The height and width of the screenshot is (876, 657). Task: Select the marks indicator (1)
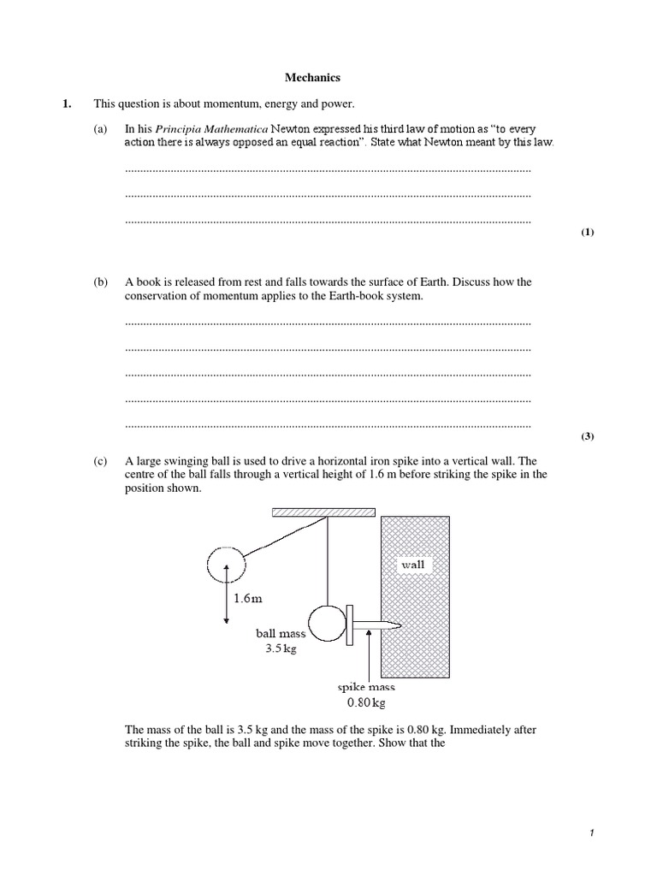click(x=587, y=233)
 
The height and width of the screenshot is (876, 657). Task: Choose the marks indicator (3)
click(x=587, y=436)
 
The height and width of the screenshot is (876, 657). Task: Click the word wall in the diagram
click(x=412, y=565)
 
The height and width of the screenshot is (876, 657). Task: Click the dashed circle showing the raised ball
click(x=226, y=564)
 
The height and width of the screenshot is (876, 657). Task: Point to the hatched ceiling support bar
click(x=323, y=512)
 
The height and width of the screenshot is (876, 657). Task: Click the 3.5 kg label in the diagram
click(x=279, y=648)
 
